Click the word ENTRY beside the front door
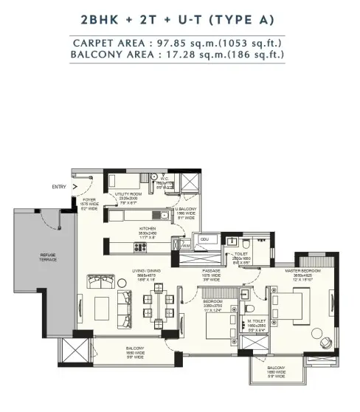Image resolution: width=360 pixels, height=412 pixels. point(59,187)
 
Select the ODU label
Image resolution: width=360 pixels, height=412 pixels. point(205,240)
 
